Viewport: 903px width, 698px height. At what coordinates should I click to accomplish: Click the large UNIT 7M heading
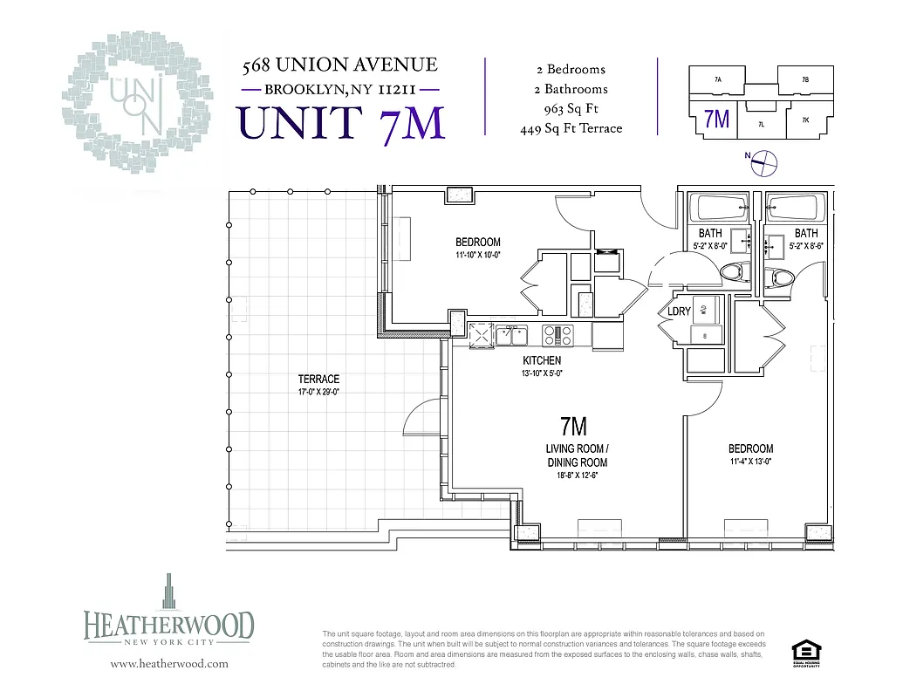[x=342, y=122]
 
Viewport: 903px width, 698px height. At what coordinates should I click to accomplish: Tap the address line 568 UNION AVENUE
[x=339, y=65]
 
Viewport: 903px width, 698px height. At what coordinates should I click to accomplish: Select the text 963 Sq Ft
[x=571, y=109]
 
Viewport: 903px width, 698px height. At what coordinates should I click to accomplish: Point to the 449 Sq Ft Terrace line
[x=571, y=129]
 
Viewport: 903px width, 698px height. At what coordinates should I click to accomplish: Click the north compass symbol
[x=764, y=160]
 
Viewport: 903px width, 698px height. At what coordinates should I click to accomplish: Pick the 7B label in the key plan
[x=804, y=79]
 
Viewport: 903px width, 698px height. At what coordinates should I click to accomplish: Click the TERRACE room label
[x=318, y=379]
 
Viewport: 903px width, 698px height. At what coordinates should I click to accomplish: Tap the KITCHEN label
[x=542, y=360]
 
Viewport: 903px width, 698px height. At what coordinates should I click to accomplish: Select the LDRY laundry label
[x=680, y=311]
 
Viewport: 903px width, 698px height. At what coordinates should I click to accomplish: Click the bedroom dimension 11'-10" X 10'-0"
[x=477, y=256]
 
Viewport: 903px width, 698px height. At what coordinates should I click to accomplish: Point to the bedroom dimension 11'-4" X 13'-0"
[x=750, y=462]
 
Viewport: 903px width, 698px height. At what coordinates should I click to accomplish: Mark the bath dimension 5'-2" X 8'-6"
[x=805, y=247]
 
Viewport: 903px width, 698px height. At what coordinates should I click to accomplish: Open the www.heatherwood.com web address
[x=169, y=663]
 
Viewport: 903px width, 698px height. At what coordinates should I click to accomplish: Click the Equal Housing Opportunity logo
[x=804, y=654]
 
